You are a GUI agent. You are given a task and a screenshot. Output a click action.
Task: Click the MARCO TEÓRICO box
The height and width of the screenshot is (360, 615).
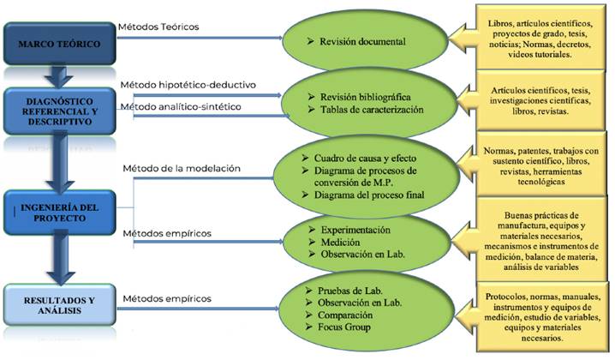coord(60,44)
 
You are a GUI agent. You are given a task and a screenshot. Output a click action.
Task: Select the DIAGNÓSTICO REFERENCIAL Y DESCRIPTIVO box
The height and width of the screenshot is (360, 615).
coord(60,111)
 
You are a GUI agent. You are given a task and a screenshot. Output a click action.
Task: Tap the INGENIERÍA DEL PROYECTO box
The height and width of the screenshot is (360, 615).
coord(60,213)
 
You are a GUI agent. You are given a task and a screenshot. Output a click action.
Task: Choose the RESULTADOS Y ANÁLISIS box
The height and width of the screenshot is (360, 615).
coord(60,305)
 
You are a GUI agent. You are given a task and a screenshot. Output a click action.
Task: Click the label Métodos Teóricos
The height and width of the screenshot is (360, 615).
coord(158,27)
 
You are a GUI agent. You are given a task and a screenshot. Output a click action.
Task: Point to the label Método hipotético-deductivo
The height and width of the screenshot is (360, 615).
coord(188,85)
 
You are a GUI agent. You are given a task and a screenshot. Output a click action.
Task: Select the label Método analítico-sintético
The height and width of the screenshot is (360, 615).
coord(181,107)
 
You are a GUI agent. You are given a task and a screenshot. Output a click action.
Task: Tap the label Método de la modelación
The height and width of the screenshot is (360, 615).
coord(182,168)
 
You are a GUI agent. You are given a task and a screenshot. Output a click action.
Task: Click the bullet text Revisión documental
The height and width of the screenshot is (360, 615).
coord(362,42)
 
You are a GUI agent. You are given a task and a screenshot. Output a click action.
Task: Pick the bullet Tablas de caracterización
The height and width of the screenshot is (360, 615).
coord(372,110)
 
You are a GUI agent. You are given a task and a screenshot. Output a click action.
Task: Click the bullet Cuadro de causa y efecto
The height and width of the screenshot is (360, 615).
coord(365,159)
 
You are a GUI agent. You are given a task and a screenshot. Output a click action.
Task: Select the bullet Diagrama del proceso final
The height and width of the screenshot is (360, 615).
coord(369,195)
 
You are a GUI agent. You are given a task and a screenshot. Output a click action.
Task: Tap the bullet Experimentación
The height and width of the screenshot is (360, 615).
coord(355,230)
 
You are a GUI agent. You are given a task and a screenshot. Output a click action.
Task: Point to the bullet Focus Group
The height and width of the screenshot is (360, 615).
coord(344,327)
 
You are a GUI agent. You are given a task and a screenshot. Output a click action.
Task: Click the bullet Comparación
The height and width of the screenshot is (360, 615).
coord(345,315)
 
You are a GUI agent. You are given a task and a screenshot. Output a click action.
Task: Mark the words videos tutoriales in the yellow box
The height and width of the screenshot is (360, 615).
coord(540,55)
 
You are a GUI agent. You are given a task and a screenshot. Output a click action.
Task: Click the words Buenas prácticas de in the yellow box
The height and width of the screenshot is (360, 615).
coord(541,215)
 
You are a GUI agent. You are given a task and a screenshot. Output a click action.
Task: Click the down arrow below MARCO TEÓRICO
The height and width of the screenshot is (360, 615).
coord(59,76)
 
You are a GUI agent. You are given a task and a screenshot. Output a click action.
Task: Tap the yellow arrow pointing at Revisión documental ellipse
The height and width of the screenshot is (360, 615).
coord(462,38)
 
